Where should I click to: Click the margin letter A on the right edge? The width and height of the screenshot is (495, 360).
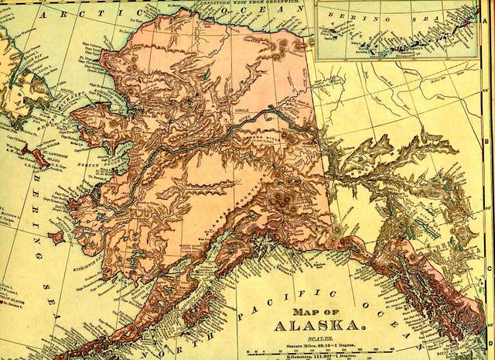485,22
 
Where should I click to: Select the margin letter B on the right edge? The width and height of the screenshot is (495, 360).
486,142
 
